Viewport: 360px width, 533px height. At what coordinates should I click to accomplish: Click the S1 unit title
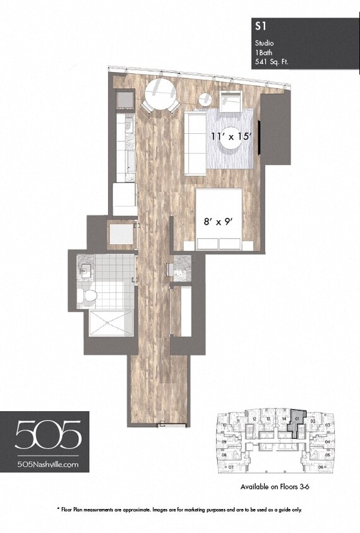[x=259, y=26]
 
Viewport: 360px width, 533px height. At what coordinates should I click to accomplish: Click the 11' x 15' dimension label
[x=235, y=135]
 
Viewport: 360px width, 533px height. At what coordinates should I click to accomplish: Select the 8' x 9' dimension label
[x=218, y=222]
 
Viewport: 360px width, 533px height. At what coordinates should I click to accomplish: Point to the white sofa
[x=195, y=143]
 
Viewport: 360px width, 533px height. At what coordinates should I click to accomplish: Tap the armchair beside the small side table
[x=231, y=99]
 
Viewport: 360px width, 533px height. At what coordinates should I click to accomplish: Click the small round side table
[x=206, y=99]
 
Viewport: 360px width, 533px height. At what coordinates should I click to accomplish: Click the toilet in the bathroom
[x=90, y=295]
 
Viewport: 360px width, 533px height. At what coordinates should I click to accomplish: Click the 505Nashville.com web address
[x=48, y=464]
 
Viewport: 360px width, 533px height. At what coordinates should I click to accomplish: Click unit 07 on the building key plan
[x=232, y=467]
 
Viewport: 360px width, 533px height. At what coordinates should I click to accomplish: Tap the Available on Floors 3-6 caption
[x=275, y=487]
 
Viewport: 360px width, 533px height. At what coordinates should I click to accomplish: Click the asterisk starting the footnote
[x=59, y=509]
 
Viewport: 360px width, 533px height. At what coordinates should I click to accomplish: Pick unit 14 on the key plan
[x=284, y=419]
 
